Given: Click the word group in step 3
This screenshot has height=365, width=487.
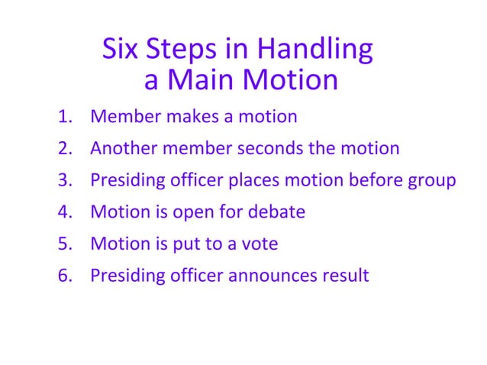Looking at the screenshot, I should [x=432, y=182].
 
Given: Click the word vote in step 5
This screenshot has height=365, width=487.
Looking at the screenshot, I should [x=260, y=244].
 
